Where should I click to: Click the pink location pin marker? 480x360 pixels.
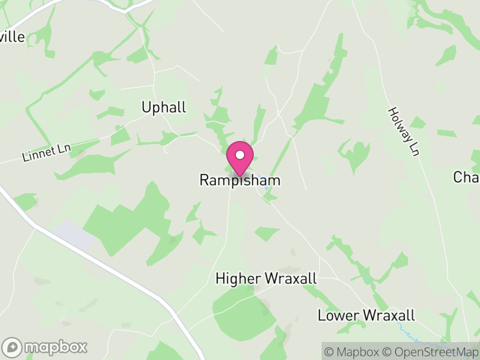click(x=240, y=159)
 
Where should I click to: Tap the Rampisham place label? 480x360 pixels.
click(x=240, y=180)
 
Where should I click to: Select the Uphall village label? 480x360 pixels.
click(x=164, y=107)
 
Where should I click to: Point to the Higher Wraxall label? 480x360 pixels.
click(x=266, y=279)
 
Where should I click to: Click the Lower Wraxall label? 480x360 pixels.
click(x=366, y=315)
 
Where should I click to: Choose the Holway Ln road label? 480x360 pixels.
click(x=402, y=131)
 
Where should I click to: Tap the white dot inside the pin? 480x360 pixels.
click(x=240, y=155)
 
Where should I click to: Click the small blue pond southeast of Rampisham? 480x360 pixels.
click(x=267, y=188)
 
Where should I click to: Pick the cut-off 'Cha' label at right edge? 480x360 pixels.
click(x=467, y=178)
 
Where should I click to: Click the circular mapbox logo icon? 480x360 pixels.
click(x=12, y=347)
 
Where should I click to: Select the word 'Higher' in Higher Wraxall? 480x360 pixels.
click(x=238, y=279)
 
